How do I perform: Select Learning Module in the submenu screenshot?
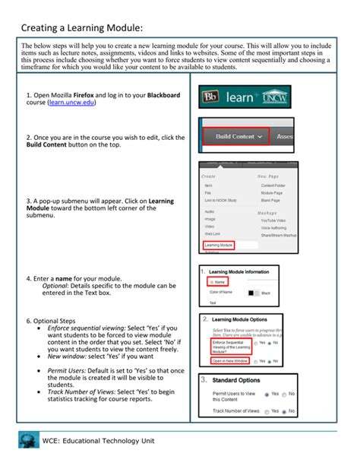pyautogui.click(x=219, y=246)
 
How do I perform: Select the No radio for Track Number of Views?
pyautogui.click(x=284, y=411)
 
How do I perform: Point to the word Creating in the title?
pyautogui.click(x=42, y=28)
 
